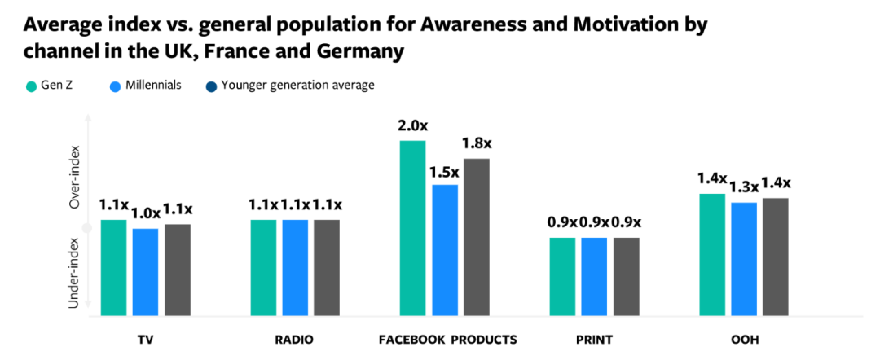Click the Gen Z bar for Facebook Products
[412, 228]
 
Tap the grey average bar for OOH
[776, 256]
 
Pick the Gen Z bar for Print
[562, 276]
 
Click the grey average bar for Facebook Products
[476, 236]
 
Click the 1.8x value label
[477, 143]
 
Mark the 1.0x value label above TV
[145, 214]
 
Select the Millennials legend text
[152, 85]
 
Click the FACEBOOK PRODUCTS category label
[447, 339]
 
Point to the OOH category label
[743, 339]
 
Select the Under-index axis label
[74, 273]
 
